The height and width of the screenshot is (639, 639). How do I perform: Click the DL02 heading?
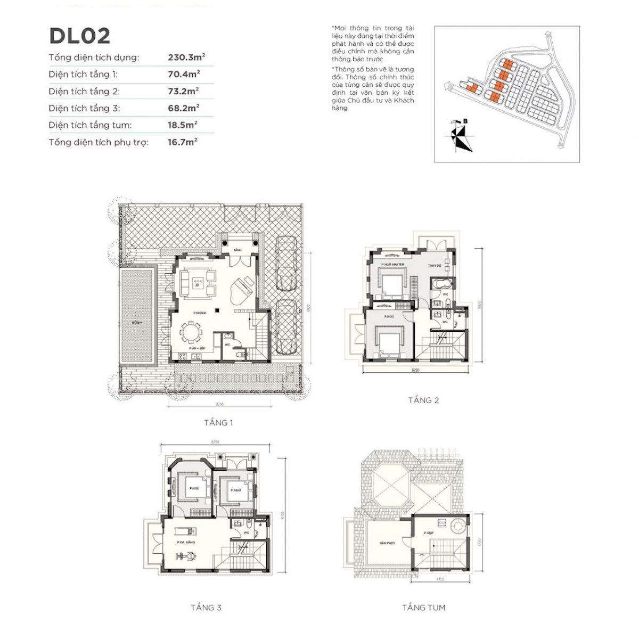point(79,36)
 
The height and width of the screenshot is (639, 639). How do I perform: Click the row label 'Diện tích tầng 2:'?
point(84,91)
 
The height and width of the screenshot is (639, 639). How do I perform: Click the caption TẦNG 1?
point(218,423)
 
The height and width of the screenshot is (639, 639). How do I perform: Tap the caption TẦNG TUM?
point(424,608)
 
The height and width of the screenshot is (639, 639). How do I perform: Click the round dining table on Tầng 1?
point(191,332)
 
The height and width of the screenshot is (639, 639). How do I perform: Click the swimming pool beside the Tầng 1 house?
point(136,317)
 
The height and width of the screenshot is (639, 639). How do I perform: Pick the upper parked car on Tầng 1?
point(287,263)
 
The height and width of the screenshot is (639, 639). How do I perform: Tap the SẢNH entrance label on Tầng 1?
point(238,250)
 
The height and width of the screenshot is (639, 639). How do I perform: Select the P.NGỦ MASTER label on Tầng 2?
point(392,265)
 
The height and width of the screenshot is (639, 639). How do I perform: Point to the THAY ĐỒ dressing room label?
point(435,265)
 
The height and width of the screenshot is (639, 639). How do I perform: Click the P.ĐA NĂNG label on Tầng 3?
point(186,542)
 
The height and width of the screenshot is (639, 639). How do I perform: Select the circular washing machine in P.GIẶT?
point(457,526)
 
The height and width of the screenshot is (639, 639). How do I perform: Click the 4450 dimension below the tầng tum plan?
point(440,579)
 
